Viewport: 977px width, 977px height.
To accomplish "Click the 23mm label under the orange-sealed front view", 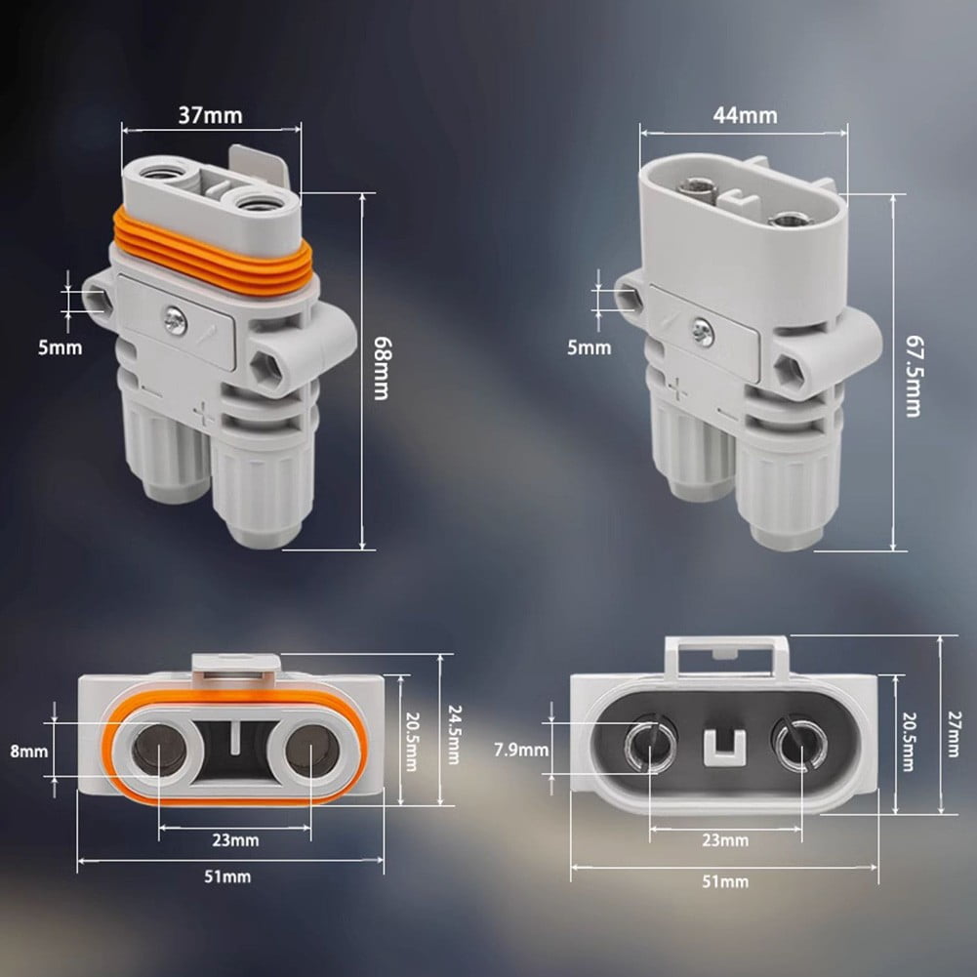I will [x=236, y=839].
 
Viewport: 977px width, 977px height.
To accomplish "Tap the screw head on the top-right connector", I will [x=704, y=333].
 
